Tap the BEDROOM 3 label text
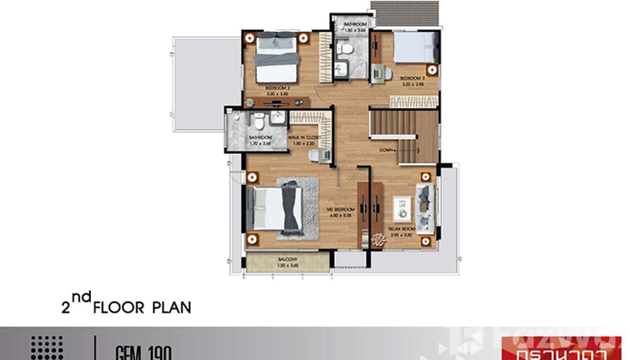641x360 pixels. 412,78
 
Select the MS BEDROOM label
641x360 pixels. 341,210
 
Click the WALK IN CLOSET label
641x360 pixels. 303,138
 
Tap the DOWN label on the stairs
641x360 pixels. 386,150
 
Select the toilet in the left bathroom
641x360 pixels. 259,122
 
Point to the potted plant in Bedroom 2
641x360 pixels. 249,102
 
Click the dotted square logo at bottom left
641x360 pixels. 47,347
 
